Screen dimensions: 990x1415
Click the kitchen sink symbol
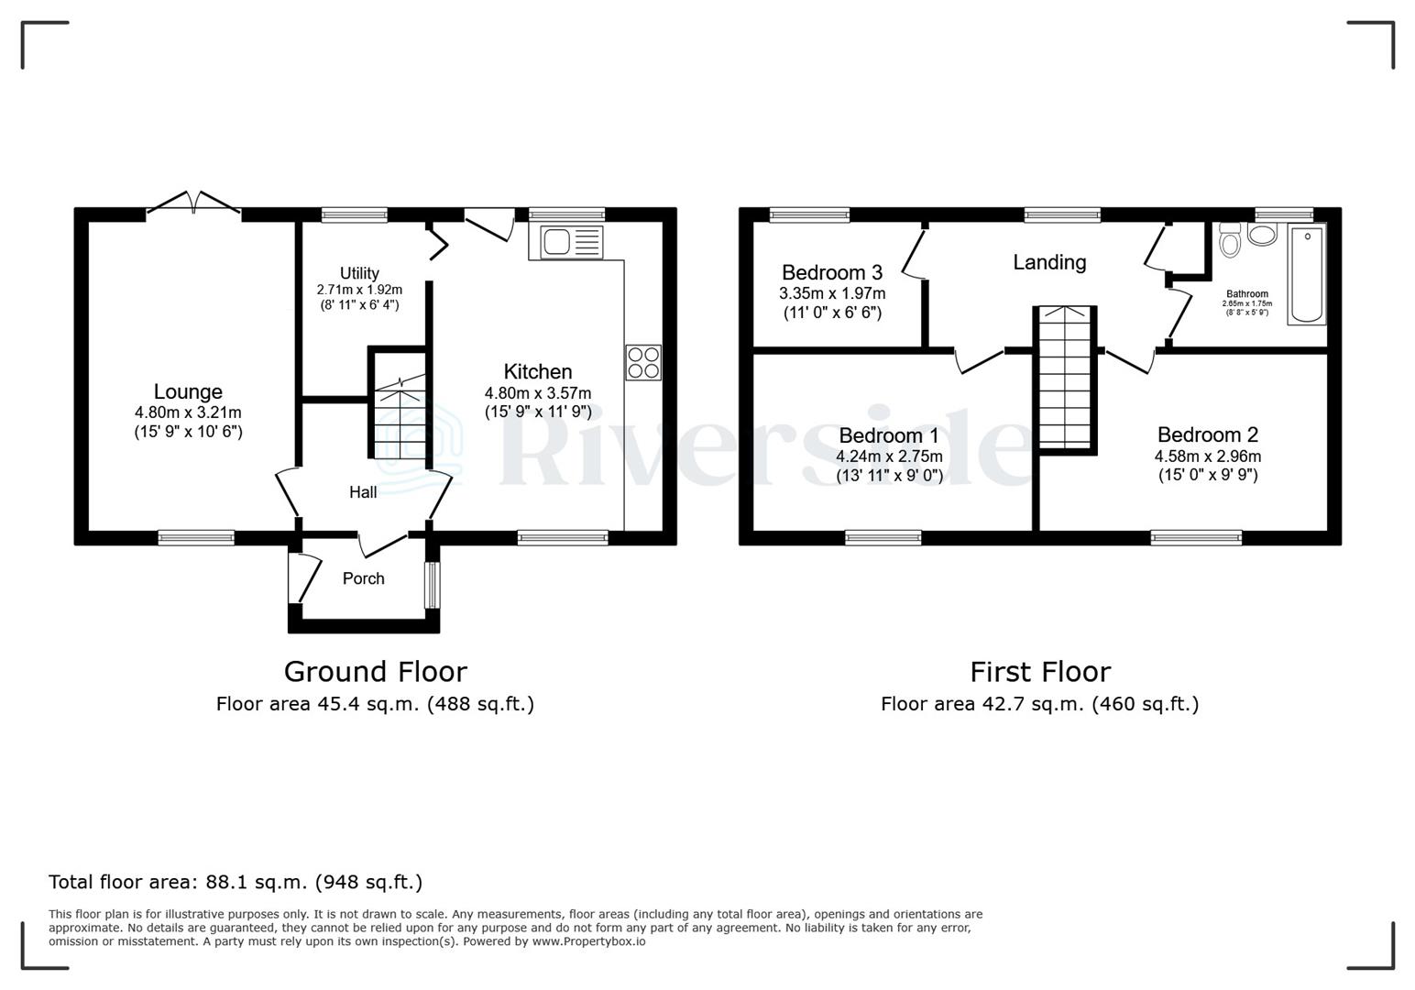point(565,242)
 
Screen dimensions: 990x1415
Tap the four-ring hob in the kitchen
point(643,362)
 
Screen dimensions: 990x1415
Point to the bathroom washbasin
point(1263,235)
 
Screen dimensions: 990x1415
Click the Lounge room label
point(188,392)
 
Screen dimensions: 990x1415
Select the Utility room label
point(359,273)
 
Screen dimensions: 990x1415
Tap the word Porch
point(363,578)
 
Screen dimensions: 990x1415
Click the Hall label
point(363,492)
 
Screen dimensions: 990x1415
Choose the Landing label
point(1049,263)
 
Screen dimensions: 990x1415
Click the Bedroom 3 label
point(831,272)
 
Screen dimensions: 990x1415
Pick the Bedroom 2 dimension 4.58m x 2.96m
point(1207,456)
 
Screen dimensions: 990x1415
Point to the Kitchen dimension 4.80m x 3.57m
point(538,392)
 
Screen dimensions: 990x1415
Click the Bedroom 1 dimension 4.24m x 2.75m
point(889,456)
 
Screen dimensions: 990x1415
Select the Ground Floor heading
point(375,672)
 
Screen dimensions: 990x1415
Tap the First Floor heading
point(1039,672)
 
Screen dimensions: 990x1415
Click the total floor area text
point(236,882)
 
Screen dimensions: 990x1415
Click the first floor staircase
point(1066,378)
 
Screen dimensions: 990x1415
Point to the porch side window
point(430,584)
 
